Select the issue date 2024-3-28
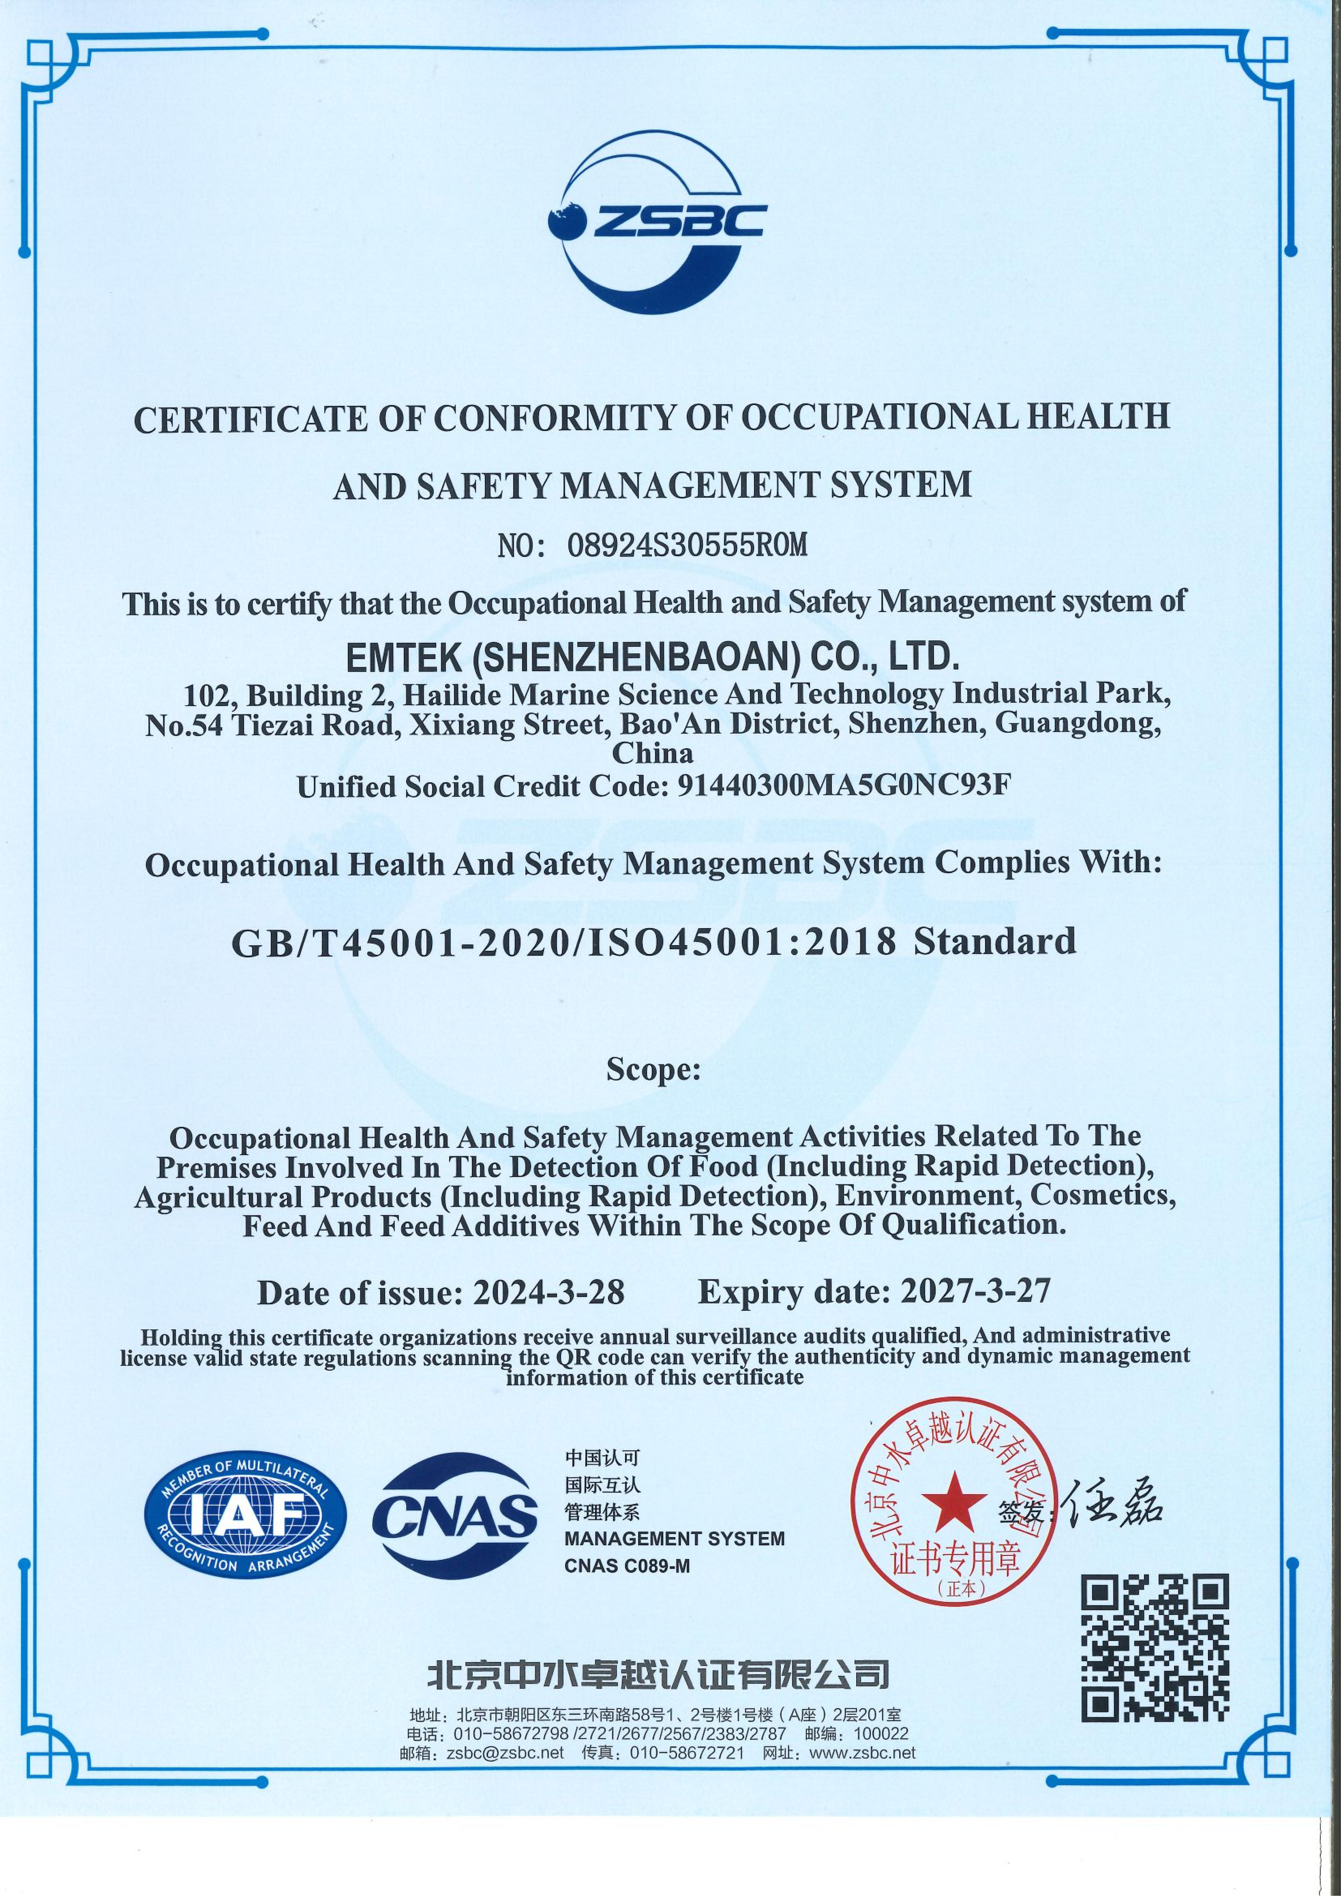pyautogui.click(x=549, y=1292)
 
